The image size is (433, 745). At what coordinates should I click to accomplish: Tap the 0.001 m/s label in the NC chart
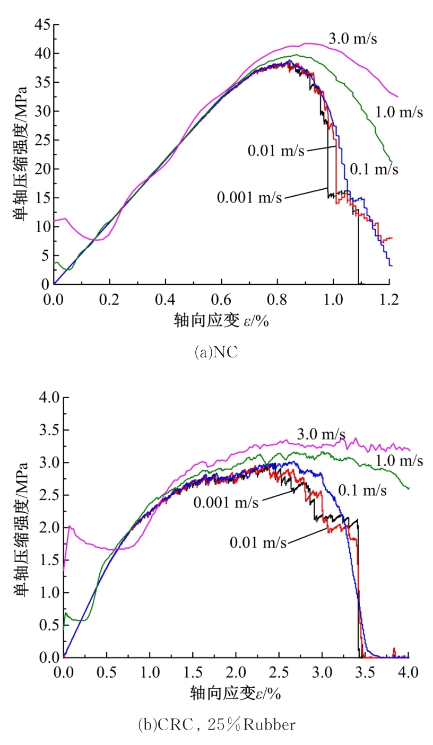(x=249, y=197)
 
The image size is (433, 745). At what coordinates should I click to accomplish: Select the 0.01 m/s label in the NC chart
(x=276, y=151)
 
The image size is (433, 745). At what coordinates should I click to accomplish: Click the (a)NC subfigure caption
(x=216, y=353)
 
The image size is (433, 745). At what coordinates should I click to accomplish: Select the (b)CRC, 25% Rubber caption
(x=217, y=725)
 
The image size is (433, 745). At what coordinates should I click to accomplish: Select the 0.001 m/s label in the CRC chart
(x=226, y=502)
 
